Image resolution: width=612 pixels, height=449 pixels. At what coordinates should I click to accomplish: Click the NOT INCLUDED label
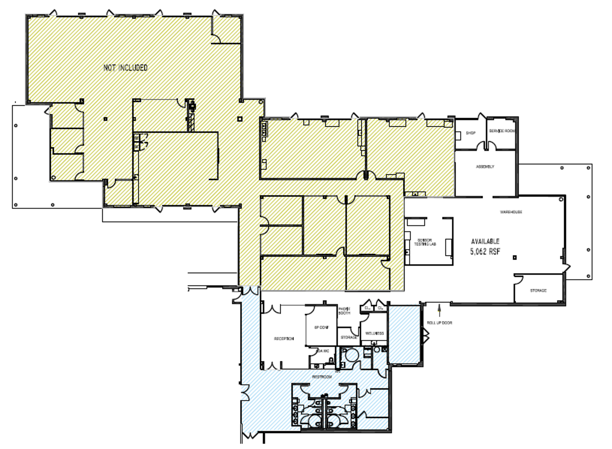pos(125,68)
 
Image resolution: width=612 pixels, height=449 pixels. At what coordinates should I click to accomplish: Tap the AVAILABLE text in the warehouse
pos(485,241)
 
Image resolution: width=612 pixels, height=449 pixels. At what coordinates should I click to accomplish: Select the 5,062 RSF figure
pos(485,252)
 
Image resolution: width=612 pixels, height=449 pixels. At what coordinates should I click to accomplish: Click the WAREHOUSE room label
pos(511,212)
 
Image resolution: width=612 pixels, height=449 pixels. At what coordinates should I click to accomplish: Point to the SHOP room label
pos(470,133)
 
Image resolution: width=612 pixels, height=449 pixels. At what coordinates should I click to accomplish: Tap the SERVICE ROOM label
pos(502,131)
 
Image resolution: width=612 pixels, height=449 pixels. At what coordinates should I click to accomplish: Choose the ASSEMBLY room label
pos(485,167)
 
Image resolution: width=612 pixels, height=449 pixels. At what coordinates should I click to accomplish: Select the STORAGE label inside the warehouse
pos(538,291)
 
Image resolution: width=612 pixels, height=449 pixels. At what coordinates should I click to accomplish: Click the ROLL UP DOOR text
pos(439,323)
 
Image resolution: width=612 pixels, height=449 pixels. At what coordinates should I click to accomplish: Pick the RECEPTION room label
pos(284,339)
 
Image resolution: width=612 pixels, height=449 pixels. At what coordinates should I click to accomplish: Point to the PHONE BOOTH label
pos(344,311)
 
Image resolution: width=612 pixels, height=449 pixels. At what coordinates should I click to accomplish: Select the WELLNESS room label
pos(374,333)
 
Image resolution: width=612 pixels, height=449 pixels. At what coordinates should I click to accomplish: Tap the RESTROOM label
pos(322,377)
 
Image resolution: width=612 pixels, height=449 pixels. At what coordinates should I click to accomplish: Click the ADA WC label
pos(323,351)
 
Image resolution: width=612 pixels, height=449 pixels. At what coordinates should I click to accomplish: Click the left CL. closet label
pos(367,307)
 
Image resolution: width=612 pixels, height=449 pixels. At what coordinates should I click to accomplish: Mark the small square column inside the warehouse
pos(514,258)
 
